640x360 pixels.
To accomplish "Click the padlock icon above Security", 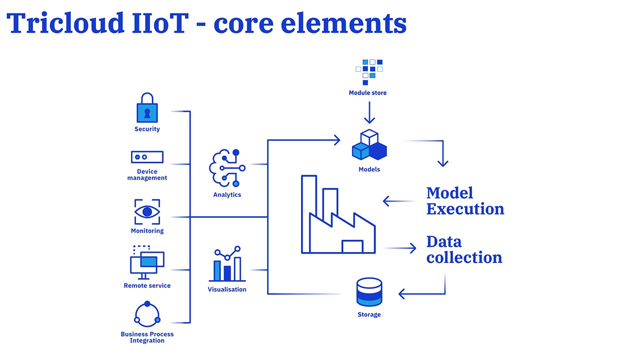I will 147,108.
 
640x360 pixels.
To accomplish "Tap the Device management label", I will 147,174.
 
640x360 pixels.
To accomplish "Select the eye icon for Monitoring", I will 147,212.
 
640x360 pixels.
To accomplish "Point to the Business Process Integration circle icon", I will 147,314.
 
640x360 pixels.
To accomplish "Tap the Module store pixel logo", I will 368,72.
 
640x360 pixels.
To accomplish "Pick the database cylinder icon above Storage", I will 369,292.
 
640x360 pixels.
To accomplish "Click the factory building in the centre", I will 338,215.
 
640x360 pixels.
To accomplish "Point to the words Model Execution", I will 465,200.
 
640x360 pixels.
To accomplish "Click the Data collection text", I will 464,249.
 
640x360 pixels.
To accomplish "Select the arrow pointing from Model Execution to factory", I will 399,201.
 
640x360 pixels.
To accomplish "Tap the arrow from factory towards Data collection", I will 400,248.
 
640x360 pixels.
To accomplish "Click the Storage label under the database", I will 369,314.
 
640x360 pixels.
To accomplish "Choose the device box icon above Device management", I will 147,157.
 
